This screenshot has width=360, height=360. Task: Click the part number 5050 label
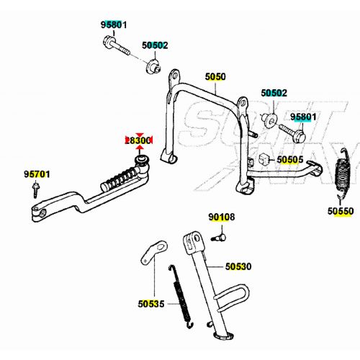(x=215, y=76)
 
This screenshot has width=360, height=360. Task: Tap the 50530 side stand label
(x=238, y=266)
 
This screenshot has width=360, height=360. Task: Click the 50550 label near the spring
(x=341, y=212)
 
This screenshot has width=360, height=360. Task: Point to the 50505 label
(x=290, y=160)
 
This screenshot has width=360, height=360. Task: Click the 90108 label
(x=222, y=217)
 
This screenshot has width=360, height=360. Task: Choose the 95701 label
(x=37, y=174)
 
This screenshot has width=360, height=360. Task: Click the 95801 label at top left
(x=113, y=25)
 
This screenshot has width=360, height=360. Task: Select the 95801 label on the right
(x=303, y=117)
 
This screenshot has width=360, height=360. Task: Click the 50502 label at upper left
(x=154, y=45)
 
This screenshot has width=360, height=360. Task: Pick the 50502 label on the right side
(x=274, y=93)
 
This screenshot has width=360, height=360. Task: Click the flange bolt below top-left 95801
(x=120, y=50)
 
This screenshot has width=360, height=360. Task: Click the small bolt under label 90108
(x=220, y=233)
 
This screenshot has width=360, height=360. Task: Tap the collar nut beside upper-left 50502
(x=153, y=68)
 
